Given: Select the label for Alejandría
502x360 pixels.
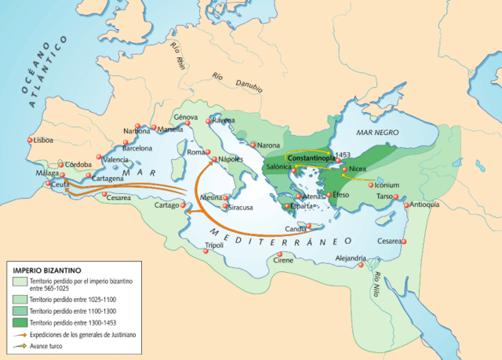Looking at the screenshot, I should coord(351,257).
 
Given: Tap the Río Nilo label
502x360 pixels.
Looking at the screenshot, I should coord(380,282).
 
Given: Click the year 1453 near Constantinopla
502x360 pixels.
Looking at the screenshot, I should coord(341,155).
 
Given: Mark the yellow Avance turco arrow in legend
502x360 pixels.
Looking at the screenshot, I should coord(18,344).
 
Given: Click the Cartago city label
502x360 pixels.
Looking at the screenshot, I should coord(166,205).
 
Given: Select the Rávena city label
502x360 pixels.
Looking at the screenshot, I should coord(223,121).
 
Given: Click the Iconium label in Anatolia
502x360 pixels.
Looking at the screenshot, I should coord(384,185).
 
